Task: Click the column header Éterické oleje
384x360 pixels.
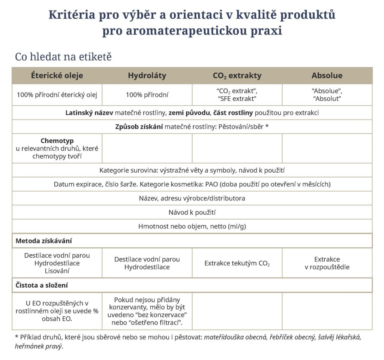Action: [57, 75]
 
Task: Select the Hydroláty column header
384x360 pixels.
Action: [147, 75]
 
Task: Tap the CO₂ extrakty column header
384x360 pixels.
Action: [237, 75]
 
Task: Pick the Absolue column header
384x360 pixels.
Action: [327, 75]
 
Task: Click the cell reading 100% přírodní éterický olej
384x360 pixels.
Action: [57, 95]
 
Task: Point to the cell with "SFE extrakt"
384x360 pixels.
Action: [237, 99]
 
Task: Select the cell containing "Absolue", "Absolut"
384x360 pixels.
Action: [327, 95]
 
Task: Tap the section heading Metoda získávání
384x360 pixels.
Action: [44, 241]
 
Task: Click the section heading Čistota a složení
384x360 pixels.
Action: [42, 285]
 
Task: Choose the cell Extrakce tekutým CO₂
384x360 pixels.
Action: [237, 263]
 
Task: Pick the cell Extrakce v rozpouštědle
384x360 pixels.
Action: [327, 263]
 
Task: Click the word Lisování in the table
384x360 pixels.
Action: [57, 271]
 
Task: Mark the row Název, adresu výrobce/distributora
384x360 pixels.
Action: [192, 198]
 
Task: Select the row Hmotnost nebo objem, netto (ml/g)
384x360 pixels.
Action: [192, 226]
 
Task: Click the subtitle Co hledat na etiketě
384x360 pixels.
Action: [63, 57]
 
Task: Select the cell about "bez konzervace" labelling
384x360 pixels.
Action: [147, 311]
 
